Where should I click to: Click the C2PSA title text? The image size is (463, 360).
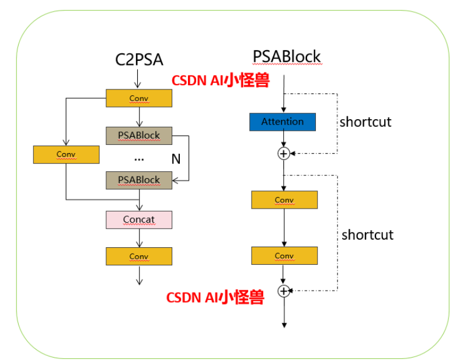click(x=139, y=60)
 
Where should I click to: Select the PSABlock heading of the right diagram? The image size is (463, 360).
click(x=287, y=56)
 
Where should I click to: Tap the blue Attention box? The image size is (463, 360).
click(x=283, y=122)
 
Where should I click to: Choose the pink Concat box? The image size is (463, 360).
click(x=139, y=220)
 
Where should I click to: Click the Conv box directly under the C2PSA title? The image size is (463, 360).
click(x=139, y=98)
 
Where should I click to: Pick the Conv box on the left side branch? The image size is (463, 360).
click(x=67, y=154)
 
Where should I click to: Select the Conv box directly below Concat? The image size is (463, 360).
click(x=139, y=257)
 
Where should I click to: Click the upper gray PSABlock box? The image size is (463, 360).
click(x=139, y=135)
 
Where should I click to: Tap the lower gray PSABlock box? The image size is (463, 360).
click(x=139, y=180)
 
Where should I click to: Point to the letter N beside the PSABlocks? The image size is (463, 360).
click(x=175, y=158)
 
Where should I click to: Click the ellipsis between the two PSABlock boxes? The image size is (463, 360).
click(x=139, y=158)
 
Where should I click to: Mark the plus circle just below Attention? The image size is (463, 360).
click(x=283, y=153)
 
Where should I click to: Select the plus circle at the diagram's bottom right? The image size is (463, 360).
click(x=284, y=290)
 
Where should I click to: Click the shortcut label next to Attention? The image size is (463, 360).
click(x=365, y=122)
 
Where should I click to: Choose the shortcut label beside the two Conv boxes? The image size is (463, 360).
click(x=368, y=235)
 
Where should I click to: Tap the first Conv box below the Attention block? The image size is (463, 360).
click(x=284, y=200)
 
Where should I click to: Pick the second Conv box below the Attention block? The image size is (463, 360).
click(x=284, y=256)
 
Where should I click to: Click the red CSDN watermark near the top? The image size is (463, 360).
click(x=220, y=81)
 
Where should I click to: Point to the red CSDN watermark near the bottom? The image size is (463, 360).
click(x=215, y=297)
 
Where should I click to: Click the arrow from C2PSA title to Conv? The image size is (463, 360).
click(x=139, y=79)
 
